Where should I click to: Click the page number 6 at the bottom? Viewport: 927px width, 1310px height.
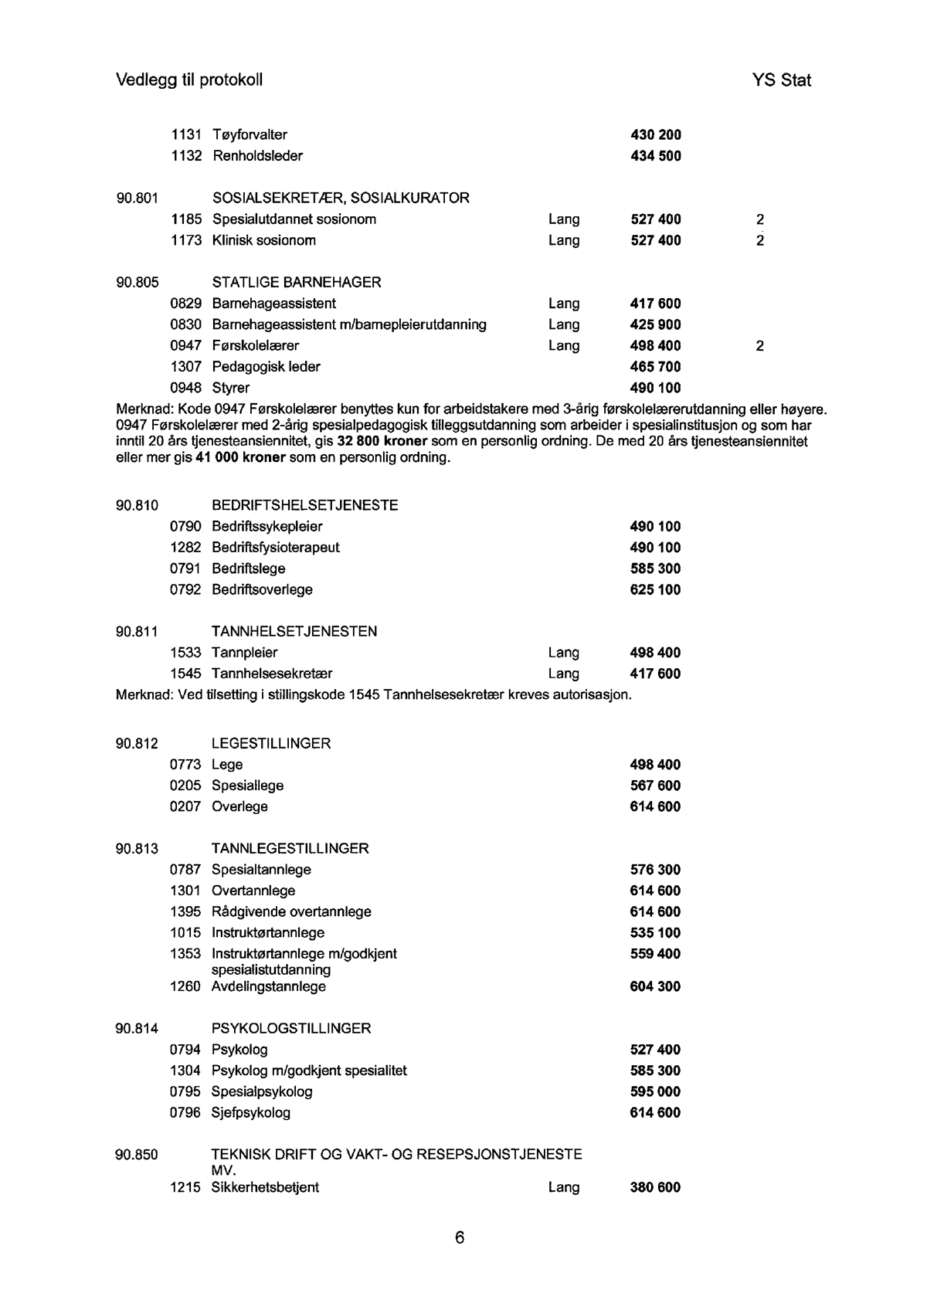pos(460,1237)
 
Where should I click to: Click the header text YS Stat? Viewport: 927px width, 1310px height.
pos(780,80)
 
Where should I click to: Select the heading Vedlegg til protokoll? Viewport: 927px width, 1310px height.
pos(189,80)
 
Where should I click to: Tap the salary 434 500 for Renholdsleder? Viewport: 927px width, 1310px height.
pos(656,156)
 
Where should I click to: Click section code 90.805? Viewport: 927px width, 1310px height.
pos(137,283)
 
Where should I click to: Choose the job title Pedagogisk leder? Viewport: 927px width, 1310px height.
pos(266,367)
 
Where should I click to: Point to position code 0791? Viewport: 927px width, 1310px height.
pos(185,568)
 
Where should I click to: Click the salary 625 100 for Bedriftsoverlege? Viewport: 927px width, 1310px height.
pos(656,590)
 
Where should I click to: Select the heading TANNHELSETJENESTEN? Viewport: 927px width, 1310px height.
pos(294,632)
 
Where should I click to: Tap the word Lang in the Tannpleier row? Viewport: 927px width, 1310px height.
pos(564,653)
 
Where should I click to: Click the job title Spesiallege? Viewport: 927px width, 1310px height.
pos(247,786)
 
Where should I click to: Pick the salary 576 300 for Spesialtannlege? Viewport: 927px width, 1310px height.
pos(656,870)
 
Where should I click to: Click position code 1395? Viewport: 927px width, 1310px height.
pos(185,911)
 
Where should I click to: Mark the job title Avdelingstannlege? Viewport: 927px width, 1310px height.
pos(269,986)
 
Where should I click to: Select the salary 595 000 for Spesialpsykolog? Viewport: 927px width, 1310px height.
pos(656,1091)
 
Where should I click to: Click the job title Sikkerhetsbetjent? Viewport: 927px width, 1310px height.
pos(265,1187)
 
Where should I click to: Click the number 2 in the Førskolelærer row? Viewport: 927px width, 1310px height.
pos(760,346)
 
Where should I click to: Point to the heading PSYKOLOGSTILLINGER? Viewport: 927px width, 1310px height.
pos(290,1029)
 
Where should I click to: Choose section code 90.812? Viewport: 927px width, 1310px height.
pos(137,744)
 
